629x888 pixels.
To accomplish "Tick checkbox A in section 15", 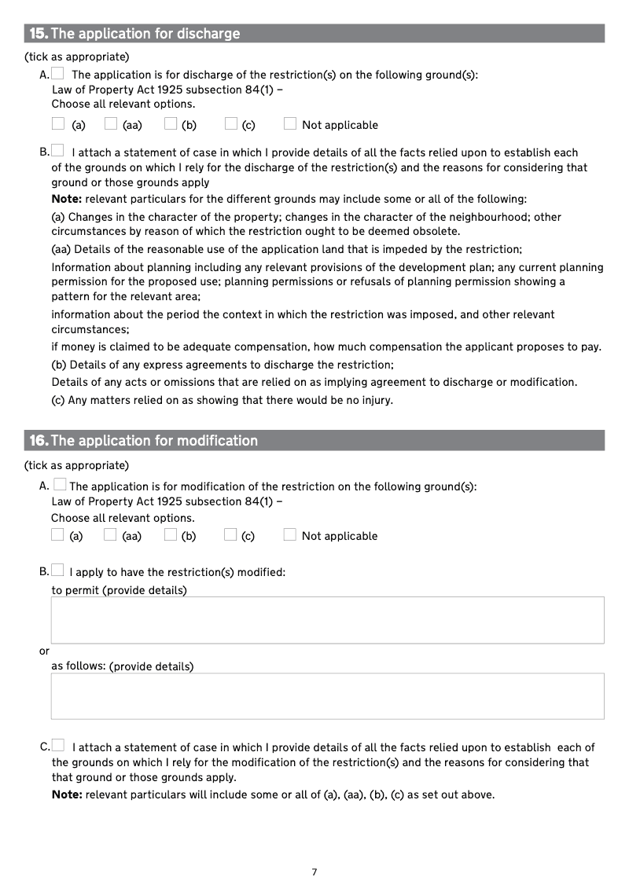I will click(x=57, y=74).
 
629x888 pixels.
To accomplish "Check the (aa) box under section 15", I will click(x=111, y=123).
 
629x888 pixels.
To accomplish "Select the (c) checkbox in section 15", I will click(x=230, y=123).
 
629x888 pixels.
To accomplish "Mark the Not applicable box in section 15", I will click(x=290, y=123).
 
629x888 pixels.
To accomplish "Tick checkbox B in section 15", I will click(x=57, y=151).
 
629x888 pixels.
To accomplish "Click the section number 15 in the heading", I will click(x=39, y=34).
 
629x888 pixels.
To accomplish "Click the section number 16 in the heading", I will click(x=39, y=441).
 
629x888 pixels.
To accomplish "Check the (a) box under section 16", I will click(x=57, y=535).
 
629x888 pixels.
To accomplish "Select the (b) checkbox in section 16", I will click(x=171, y=535).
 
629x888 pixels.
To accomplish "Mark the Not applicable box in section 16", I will click(x=290, y=535).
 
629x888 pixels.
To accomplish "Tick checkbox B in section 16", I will click(x=57, y=571).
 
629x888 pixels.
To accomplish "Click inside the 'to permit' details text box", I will click(x=327, y=620).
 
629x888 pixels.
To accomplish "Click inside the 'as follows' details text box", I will click(x=327, y=695).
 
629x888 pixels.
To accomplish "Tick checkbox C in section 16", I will click(x=58, y=746).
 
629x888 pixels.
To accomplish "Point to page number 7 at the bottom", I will click(x=314, y=872).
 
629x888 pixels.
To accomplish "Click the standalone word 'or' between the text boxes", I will click(x=44, y=651).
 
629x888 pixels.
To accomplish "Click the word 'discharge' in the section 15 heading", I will click(x=209, y=34).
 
